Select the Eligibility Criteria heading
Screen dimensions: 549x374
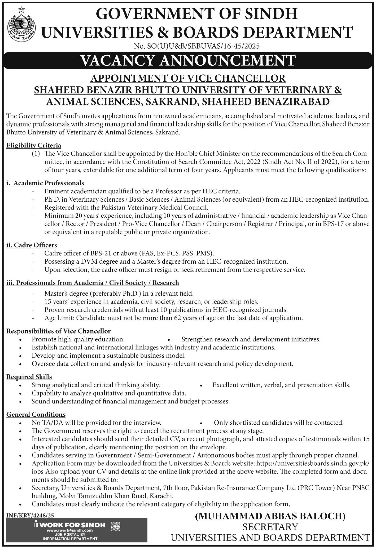(34, 145)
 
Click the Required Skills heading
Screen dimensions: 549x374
(29, 377)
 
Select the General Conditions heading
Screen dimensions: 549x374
(36, 414)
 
